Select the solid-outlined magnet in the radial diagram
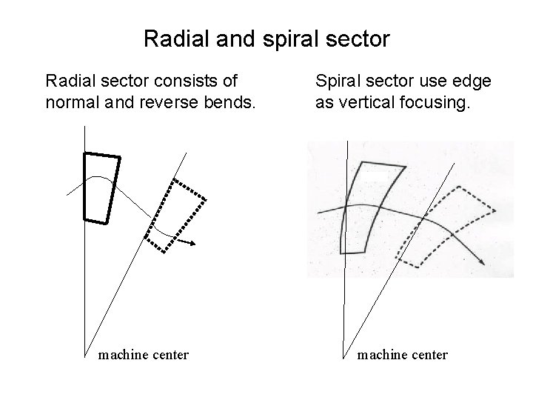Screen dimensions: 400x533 [x=101, y=187]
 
